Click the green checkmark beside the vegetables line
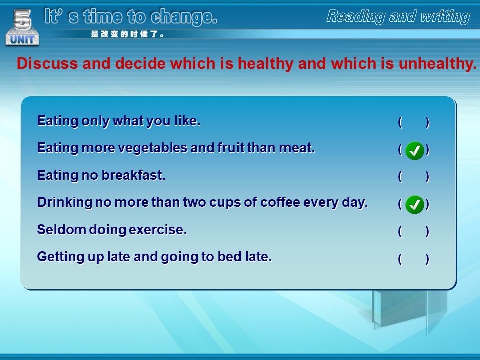[x=415, y=151]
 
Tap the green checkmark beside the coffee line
[x=415, y=205]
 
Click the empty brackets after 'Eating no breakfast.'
[x=414, y=177]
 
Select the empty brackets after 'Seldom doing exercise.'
[x=414, y=231]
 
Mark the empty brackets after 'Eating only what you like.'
[x=414, y=122]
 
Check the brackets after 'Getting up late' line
[x=414, y=259]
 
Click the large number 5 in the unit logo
[x=22, y=19]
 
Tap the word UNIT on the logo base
[x=22, y=39]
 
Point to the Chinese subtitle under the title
[x=127, y=34]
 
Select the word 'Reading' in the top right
[x=356, y=16]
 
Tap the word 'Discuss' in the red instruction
[x=47, y=63]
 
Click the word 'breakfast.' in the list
[x=134, y=175]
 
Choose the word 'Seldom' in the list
[x=61, y=230]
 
